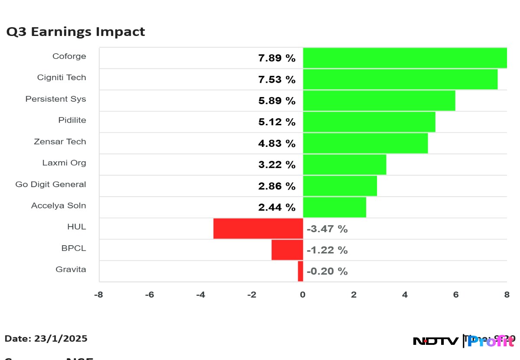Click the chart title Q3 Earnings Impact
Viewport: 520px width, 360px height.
pyautogui.click(x=75, y=32)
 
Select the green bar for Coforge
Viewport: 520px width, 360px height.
pyautogui.click(x=405, y=58)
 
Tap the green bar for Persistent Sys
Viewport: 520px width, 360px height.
pyautogui.click(x=379, y=101)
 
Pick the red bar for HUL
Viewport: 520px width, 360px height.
pyautogui.click(x=258, y=228)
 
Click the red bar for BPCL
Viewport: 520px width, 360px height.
pyautogui.click(x=287, y=250)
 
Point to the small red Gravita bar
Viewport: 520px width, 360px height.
pyautogui.click(x=300, y=271)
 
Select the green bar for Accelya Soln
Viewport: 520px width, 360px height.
pyautogui.click(x=334, y=207)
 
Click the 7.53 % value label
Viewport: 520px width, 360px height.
pyautogui.click(x=277, y=80)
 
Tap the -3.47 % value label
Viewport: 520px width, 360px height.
pyautogui.click(x=327, y=229)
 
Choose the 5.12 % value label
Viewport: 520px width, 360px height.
pyautogui.click(x=277, y=122)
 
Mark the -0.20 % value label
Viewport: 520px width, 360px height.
pyautogui.click(x=327, y=271)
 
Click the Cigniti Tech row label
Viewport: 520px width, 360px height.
pyautogui.click(x=62, y=78)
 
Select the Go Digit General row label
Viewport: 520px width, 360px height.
pyautogui.click(x=51, y=184)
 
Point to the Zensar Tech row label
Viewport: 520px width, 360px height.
pyautogui.click(x=60, y=142)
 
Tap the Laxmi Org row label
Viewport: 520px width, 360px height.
pyautogui.click(x=64, y=163)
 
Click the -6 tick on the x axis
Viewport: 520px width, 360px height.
pyautogui.click(x=149, y=295)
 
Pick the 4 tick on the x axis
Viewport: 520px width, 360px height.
pyautogui.click(x=405, y=295)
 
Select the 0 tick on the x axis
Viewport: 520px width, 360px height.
pyautogui.click(x=303, y=295)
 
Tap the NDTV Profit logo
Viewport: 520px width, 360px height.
pyautogui.click(x=464, y=341)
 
